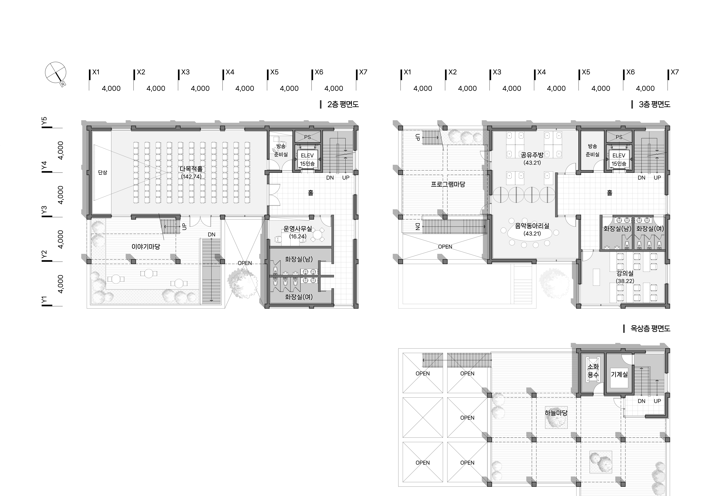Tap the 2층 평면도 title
click(343, 104)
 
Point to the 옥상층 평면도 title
click(650, 329)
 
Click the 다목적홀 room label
click(191, 169)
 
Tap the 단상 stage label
click(103, 172)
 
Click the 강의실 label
click(625, 274)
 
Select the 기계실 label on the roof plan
click(619, 374)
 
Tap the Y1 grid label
click(44, 300)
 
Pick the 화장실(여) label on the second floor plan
click(299, 297)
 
